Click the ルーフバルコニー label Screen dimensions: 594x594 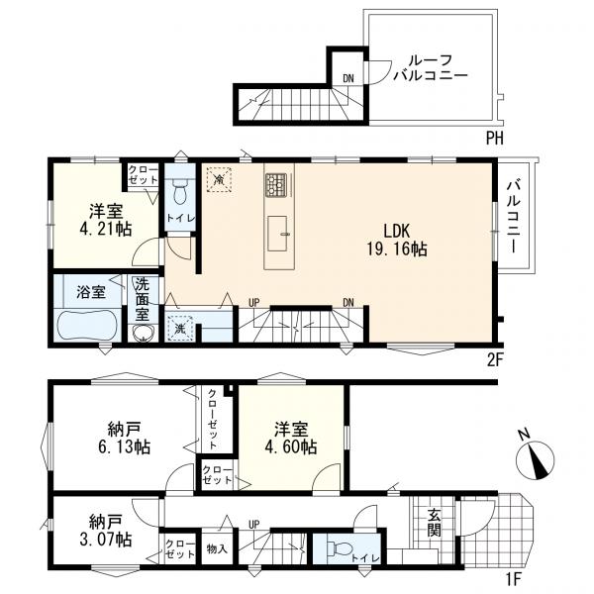coord(431,68)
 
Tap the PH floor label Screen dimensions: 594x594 coord(494,139)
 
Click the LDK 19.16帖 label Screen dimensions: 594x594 coord(397,240)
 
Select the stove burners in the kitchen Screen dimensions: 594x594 coord(275,185)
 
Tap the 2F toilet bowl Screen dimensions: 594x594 coord(178,193)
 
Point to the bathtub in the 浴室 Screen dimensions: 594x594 coord(86,325)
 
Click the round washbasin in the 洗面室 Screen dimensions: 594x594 coord(144,333)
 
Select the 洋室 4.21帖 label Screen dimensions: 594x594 coord(106,221)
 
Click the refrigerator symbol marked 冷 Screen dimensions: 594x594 coord(219,179)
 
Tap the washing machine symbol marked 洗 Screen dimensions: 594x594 coord(180,328)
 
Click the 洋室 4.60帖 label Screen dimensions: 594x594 coord(291,439)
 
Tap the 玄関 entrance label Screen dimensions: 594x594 coord(435,523)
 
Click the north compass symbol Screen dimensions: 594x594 coord(535,458)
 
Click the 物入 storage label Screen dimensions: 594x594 coord(218,548)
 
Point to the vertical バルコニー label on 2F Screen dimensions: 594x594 coord(515,218)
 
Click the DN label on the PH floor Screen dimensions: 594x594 coord(348,79)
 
